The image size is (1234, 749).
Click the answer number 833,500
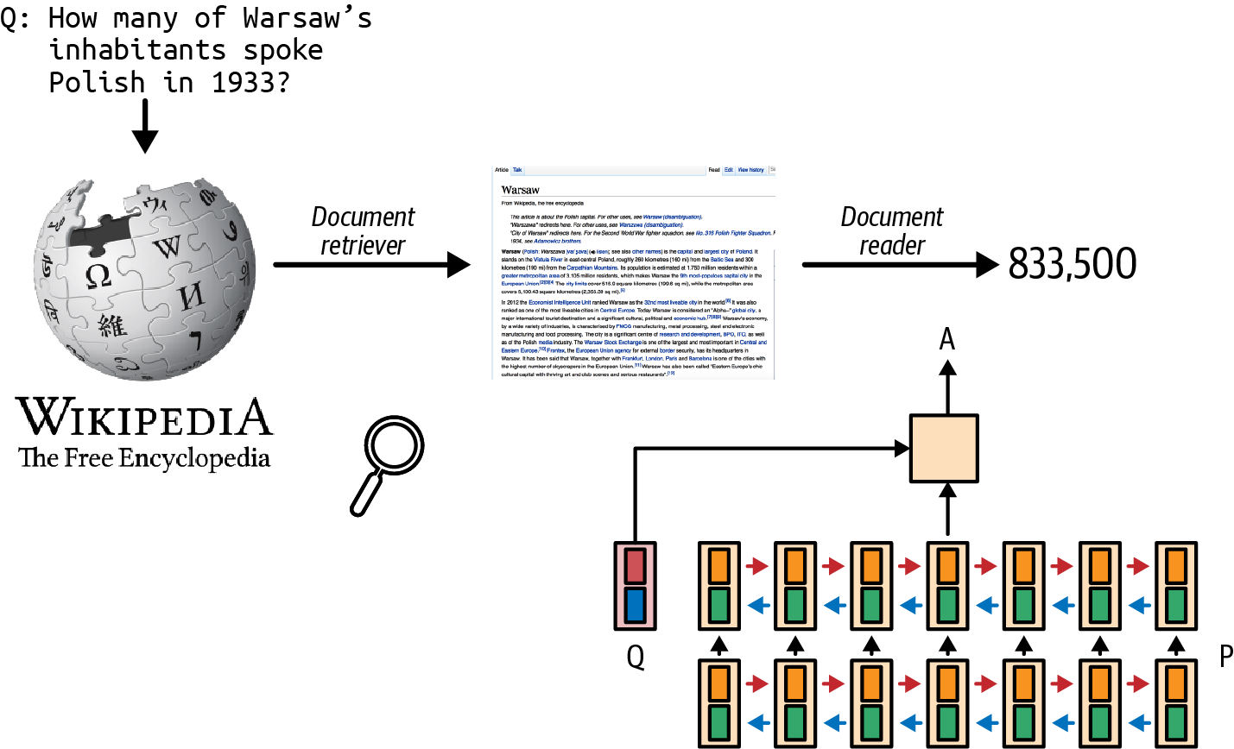1072,264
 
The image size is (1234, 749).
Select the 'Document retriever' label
363,231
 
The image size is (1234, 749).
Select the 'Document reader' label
891,231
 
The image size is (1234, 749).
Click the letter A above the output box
947,339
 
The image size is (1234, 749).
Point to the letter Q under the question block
636,658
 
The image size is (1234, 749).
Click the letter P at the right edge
1225,657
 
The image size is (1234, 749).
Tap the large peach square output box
944,449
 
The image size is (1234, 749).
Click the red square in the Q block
636,566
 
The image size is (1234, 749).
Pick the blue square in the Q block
636,605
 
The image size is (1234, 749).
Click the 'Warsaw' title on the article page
521,190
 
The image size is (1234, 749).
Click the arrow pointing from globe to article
371,264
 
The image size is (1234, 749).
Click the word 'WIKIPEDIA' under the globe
144,418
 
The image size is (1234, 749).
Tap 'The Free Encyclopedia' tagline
144,457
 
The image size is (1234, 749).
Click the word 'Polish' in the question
97,83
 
